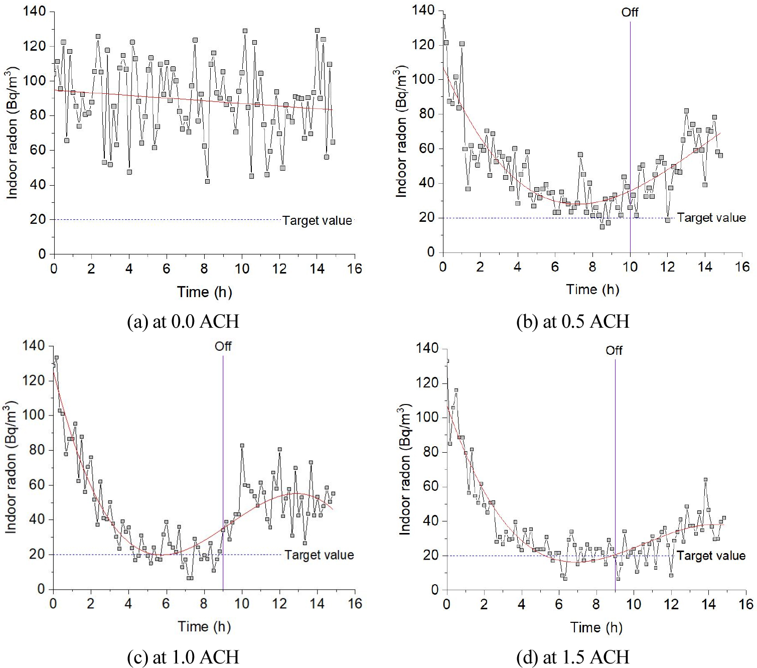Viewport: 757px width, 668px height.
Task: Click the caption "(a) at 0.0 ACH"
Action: [183, 321]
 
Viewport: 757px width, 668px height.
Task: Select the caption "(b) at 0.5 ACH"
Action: [572, 321]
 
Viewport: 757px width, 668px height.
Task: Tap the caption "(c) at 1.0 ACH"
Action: [183, 657]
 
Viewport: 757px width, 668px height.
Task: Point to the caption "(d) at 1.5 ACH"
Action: [572, 657]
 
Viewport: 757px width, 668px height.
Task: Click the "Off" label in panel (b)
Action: [630, 12]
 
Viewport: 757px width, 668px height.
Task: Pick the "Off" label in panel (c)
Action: [223, 346]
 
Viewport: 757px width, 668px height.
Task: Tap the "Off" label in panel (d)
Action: [614, 350]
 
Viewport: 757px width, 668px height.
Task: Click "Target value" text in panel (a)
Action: [317, 221]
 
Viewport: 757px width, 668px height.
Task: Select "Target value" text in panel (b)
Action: [711, 218]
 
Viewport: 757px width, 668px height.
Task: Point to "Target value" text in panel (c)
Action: [319, 555]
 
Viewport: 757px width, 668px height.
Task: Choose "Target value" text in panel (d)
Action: [710, 556]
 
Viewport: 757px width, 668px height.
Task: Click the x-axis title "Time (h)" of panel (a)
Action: [204, 292]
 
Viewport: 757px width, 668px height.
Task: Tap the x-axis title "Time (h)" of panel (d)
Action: [596, 627]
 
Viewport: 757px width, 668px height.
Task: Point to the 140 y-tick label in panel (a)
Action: [35, 11]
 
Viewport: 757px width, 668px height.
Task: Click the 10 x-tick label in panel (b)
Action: [630, 266]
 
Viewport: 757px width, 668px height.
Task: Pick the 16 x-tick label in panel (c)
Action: [355, 603]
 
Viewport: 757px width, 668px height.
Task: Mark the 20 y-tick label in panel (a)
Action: [38, 219]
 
